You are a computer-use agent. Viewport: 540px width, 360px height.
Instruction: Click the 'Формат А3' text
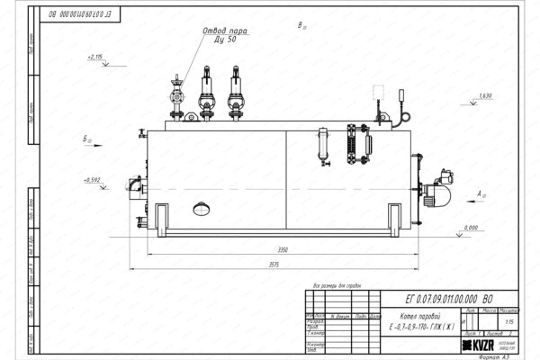(503, 355)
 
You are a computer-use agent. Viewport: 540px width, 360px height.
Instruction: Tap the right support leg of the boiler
(396, 220)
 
